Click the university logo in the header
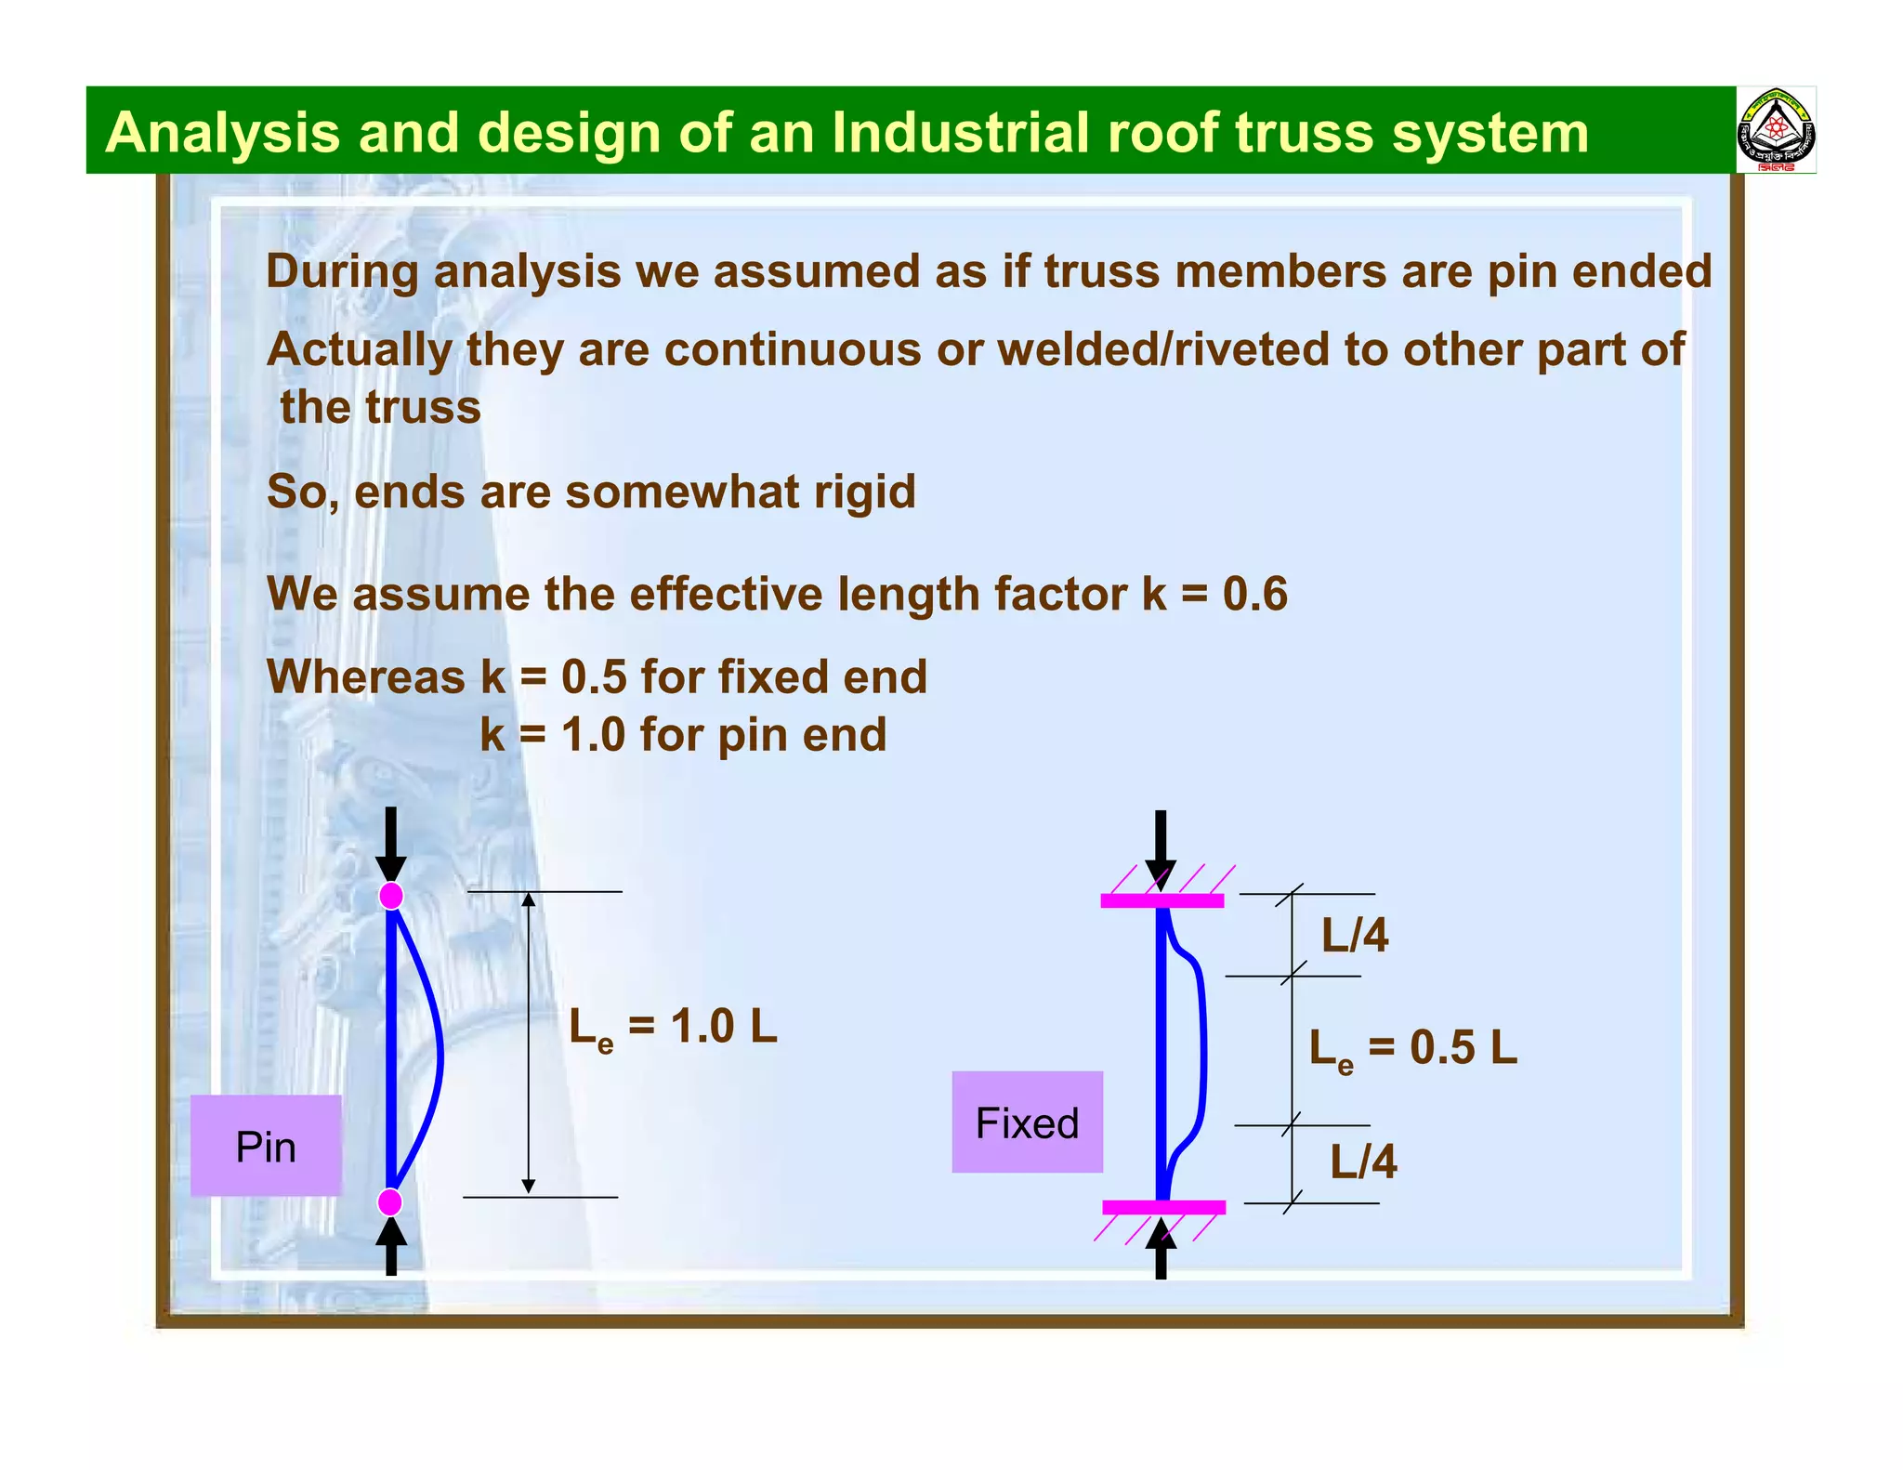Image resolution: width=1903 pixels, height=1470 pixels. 1776,131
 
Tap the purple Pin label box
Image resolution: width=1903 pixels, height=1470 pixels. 266,1146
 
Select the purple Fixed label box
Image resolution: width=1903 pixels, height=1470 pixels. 1027,1122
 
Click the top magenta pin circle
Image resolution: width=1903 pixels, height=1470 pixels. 391,896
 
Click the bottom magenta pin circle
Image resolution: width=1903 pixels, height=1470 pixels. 390,1202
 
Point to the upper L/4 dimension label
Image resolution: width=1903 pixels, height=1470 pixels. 1355,935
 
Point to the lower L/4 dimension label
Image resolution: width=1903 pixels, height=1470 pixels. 1363,1162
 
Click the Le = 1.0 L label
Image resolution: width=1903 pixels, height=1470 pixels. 673,1029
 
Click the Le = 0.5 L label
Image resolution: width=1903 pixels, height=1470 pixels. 1412,1049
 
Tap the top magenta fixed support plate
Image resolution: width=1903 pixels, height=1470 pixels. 1161,900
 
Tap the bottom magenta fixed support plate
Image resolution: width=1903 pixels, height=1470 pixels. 1163,1207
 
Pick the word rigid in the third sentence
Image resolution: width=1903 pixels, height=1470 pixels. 864,492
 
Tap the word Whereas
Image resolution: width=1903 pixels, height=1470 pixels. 365,676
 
